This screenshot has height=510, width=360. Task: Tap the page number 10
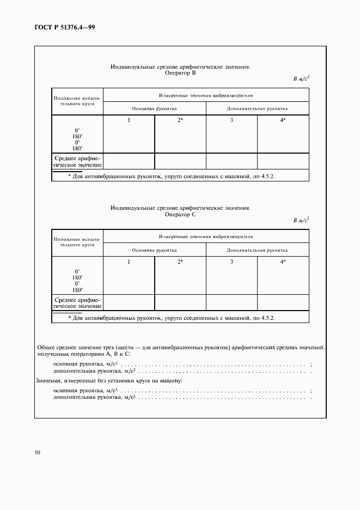36,452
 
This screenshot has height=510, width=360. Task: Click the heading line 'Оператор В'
180,72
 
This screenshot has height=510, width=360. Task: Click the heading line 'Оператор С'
180,214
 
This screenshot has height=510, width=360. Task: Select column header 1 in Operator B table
129,120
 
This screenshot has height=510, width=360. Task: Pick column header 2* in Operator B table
180,120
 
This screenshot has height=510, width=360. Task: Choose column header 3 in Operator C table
231,262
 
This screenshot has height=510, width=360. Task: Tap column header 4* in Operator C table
283,262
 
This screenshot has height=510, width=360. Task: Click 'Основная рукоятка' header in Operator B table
154,108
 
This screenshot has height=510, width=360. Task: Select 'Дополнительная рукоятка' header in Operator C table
257,250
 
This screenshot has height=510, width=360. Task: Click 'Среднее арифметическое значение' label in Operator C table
77,302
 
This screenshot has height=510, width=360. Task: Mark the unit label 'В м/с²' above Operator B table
301,78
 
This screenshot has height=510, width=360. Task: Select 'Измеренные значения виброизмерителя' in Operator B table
205,95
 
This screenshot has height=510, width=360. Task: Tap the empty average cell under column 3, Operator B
231,161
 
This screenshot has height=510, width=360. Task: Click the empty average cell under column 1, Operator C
129,302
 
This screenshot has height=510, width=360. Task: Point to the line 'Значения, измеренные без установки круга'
109,380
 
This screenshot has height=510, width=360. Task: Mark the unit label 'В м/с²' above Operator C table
301,220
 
